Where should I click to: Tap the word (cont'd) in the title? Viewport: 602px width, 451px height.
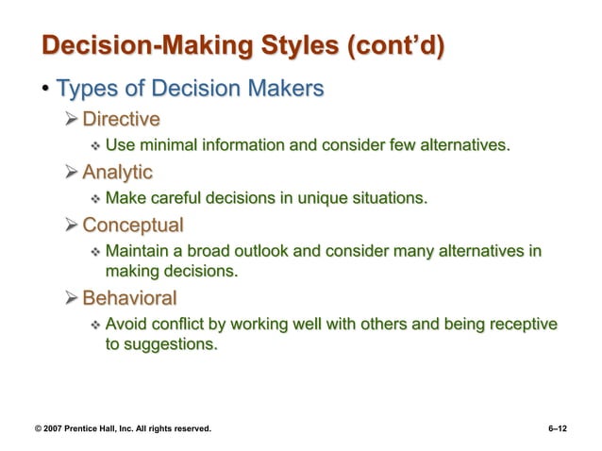click(x=396, y=46)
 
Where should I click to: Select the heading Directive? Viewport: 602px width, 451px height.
click(x=121, y=119)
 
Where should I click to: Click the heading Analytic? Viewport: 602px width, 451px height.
click(x=117, y=173)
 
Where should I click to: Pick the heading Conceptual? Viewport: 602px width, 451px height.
click(x=133, y=226)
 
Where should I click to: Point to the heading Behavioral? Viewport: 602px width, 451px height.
click(x=129, y=299)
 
